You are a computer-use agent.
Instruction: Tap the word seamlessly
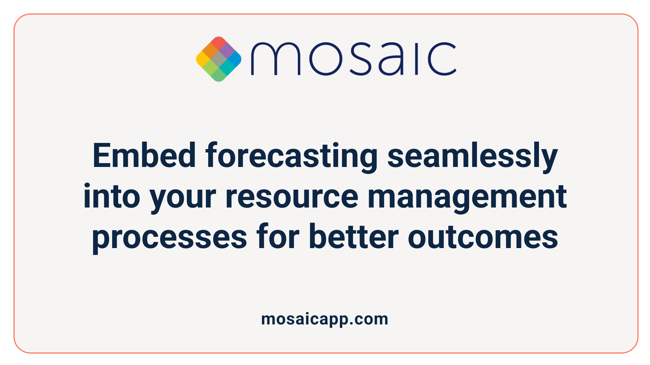(472, 156)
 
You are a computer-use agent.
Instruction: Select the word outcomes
(483, 237)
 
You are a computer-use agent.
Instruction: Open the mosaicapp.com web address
(325, 319)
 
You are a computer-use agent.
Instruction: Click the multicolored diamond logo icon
(219, 59)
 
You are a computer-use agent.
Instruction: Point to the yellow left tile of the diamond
(203, 59)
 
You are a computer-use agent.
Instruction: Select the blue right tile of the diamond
(235, 59)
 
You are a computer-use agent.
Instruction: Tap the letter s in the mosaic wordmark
(360, 59)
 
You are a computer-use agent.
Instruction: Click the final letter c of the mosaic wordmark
(442, 59)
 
